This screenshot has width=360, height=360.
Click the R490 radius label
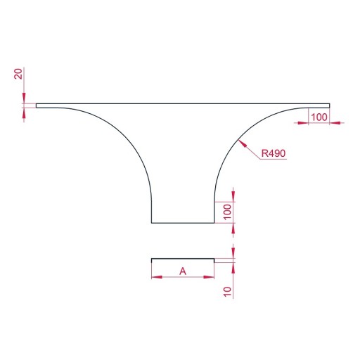pos(274,153)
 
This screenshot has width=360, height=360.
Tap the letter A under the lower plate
pos(183,271)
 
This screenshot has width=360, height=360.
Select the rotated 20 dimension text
pos(18,74)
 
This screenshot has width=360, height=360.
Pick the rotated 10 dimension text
pos(227,292)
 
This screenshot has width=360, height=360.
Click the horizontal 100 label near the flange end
pos(319,117)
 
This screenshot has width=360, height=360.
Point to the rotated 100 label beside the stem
pos(227,212)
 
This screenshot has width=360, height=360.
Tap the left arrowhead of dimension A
pos(157,277)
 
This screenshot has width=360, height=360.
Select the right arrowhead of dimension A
pos(209,277)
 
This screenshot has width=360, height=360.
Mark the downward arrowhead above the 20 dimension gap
pos(24,98)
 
